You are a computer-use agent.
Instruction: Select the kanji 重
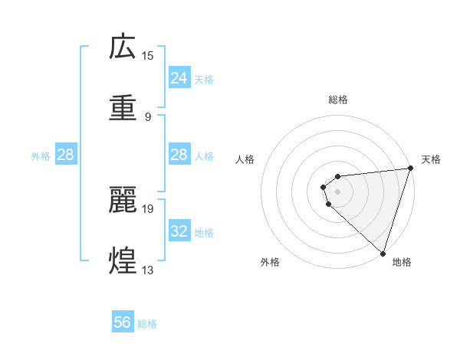[x=123, y=108]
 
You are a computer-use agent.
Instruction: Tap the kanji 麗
[x=123, y=200]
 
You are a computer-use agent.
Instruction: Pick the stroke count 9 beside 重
[x=148, y=116]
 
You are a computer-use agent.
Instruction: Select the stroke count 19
[x=148, y=208]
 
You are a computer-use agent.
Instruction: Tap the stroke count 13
[x=148, y=270]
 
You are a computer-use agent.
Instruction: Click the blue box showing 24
[x=179, y=78]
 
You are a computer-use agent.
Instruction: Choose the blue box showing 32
[x=179, y=231]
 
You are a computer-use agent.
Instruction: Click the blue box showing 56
[x=123, y=322]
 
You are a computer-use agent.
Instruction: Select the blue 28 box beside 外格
[x=65, y=155]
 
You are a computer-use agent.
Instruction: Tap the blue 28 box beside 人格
[x=179, y=155]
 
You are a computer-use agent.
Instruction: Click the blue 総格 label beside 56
[x=147, y=324]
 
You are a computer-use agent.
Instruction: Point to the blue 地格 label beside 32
[x=204, y=233]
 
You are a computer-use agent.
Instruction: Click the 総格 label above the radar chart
[x=337, y=100]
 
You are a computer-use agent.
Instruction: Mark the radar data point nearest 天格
[x=410, y=169]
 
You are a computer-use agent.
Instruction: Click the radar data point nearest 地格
[x=382, y=254]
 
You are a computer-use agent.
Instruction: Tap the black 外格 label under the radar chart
[x=270, y=262]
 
